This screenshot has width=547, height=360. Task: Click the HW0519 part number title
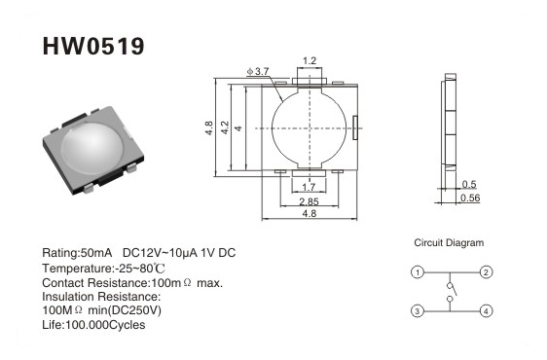[x=93, y=46]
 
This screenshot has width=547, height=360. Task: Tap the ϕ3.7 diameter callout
[x=258, y=71]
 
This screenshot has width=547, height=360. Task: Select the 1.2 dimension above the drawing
[x=310, y=61]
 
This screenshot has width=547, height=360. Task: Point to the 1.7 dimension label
[x=309, y=188]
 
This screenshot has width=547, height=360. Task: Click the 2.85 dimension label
[x=310, y=201]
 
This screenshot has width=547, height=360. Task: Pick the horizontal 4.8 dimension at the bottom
[x=310, y=213]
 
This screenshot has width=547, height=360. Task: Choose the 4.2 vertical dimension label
[x=225, y=127]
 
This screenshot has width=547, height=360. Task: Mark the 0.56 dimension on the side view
[x=470, y=198]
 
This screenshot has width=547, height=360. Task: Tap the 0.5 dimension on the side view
[x=469, y=184]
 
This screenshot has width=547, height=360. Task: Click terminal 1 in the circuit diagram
[x=418, y=272]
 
